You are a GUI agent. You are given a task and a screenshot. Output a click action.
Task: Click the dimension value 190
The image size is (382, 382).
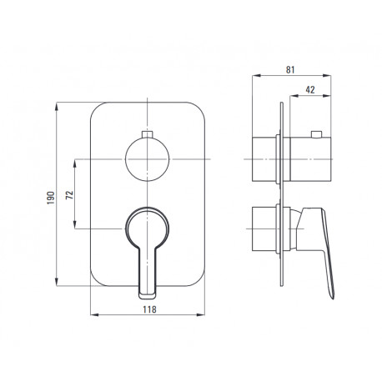(x=51, y=198)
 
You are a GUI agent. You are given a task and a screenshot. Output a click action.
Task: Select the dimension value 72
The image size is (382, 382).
(x=70, y=194)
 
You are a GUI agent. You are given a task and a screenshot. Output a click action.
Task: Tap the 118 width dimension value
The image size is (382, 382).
(x=149, y=309)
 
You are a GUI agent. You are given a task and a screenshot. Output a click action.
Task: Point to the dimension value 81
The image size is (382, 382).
(x=290, y=70)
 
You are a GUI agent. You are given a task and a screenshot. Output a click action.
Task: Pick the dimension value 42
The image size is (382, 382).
(x=310, y=90)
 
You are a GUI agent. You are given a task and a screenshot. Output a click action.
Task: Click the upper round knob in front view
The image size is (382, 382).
(x=147, y=159)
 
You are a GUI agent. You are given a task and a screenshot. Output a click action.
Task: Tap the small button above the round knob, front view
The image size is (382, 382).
(x=147, y=134)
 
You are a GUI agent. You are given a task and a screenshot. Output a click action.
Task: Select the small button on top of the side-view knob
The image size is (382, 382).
(x=317, y=134)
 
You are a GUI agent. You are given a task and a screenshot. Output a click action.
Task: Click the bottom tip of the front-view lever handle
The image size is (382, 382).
(x=147, y=299)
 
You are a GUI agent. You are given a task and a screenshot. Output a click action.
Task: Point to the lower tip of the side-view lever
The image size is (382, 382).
(x=332, y=299)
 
